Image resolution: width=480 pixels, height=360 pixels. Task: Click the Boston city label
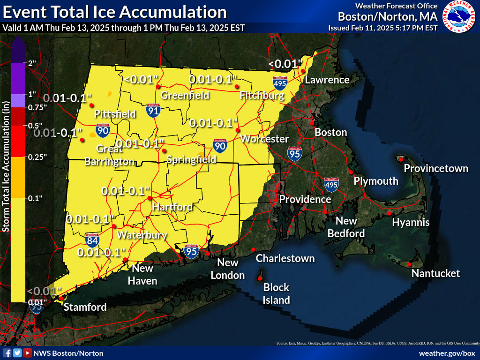[330, 132]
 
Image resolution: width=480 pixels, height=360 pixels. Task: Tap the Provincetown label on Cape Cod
[436, 168]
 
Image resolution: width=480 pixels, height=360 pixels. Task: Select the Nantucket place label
[435, 273]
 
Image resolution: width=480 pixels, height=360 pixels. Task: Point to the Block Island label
[276, 293]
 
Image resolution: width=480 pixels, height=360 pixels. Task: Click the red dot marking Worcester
[238, 130]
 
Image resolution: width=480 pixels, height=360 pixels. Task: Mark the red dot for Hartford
[150, 198]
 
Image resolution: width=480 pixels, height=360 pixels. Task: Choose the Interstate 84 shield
[92, 240]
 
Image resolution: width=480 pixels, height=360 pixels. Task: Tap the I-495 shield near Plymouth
[331, 185]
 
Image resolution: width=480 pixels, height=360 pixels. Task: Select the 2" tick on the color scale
[32, 63]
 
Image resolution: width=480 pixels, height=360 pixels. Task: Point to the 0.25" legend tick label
[37, 157]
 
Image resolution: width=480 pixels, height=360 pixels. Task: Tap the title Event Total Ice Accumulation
[114, 12]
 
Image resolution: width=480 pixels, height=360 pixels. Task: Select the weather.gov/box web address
[447, 353]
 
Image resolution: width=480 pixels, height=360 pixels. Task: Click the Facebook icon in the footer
[7, 353]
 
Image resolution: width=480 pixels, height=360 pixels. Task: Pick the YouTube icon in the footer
[28, 353]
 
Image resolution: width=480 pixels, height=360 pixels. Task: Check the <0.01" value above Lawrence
[283, 64]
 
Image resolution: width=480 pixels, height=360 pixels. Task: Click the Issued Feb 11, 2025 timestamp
[383, 28]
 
